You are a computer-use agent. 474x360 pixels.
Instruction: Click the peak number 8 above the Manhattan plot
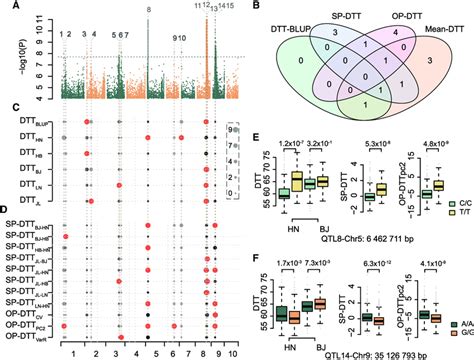coord(148,9)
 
